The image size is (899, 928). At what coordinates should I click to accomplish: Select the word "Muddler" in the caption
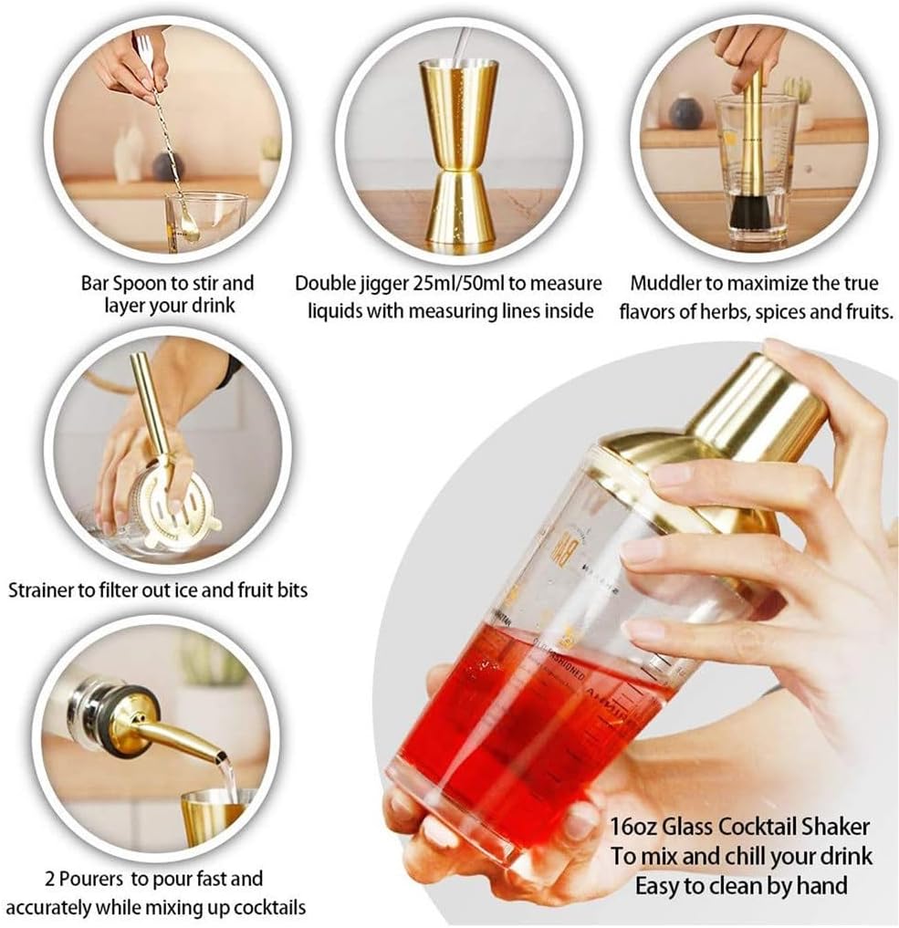(671, 283)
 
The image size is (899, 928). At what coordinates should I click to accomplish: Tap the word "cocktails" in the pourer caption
(268, 907)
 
